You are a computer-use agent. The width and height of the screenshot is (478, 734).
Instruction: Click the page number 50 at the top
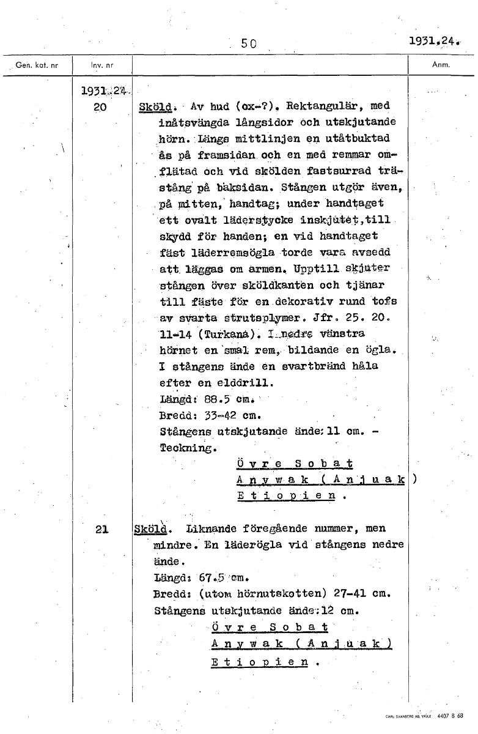pyautogui.click(x=248, y=43)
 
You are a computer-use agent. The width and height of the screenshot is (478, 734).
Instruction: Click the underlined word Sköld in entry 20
pyautogui.click(x=153, y=106)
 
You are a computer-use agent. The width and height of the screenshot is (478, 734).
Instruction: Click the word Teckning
pyautogui.click(x=188, y=448)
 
